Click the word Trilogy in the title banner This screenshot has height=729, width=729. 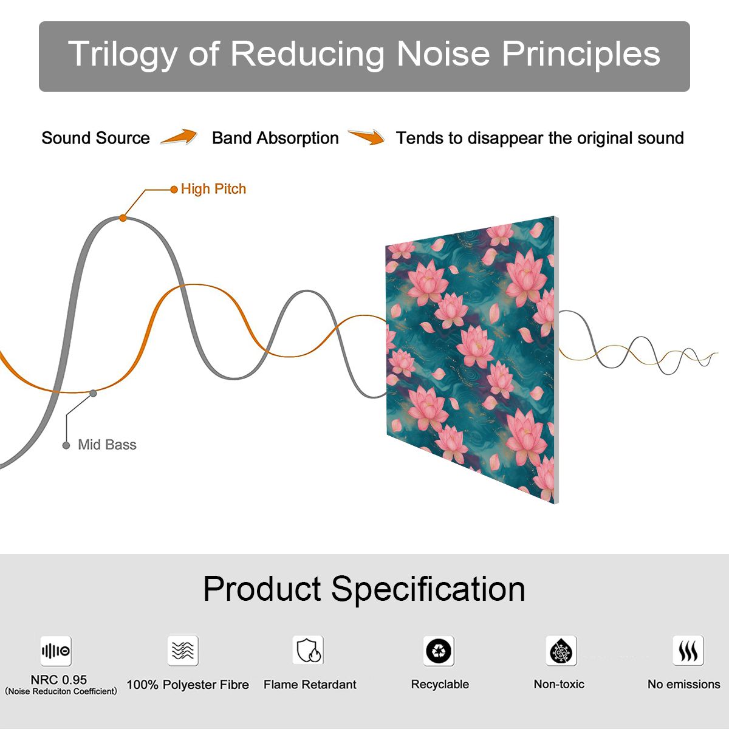[123, 55]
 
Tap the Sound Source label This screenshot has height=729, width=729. [96, 138]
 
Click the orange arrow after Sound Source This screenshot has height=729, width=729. [179, 137]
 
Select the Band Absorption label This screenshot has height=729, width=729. [275, 138]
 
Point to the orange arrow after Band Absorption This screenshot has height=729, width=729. [366, 137]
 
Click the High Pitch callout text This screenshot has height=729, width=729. [213, 189]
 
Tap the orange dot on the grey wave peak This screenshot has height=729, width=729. [123, 218]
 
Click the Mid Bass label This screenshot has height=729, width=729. [107, 445]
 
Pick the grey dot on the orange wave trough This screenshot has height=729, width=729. [93, 394]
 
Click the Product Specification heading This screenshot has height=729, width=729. [364, 589]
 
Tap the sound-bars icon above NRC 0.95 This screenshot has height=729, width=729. [56, 651]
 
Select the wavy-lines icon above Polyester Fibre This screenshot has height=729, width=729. [183, 651]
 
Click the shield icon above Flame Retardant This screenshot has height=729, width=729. [309, 651]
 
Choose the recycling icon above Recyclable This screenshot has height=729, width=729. [439, 651]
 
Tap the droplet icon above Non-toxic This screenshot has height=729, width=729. [561, 651]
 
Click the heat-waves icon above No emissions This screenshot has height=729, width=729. [688, 651]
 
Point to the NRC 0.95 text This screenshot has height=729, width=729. [59, 680]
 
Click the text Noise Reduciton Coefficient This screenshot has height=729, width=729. [61, 691]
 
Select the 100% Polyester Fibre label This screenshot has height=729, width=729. [188, 685]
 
